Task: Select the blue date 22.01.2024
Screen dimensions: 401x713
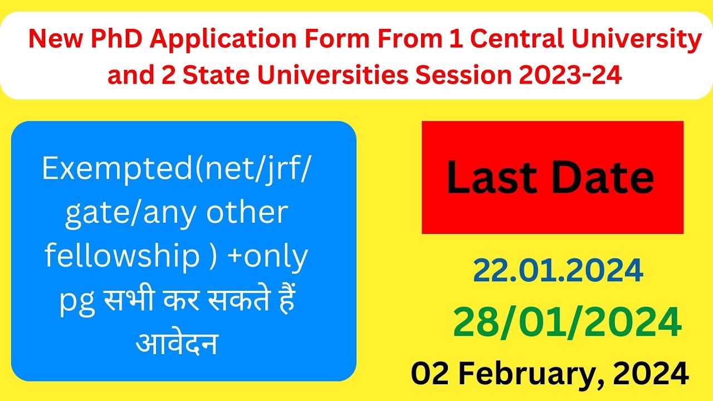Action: coord(558,271)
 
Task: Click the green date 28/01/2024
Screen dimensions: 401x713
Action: coord(567,324)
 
